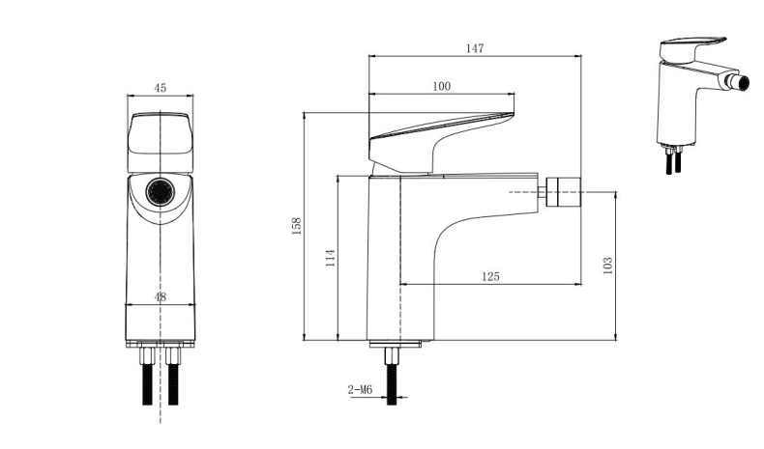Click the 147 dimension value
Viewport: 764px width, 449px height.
(x=475, y=48)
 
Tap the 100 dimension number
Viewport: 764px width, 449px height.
(x=441, y=86)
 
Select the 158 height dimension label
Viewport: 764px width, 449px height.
(x=296, y=226)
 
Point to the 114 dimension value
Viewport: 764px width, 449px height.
(x=330, y=258)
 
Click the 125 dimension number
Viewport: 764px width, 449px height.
(x=490, y=276)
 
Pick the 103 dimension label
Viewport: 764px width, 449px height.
(x=607, y=266)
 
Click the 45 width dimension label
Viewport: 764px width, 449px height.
(x=160, y=88)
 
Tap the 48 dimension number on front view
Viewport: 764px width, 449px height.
(x=160, y=296)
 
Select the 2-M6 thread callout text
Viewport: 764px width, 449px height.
(x=360, y=390)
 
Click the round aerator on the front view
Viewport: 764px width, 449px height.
(x=161, y=192)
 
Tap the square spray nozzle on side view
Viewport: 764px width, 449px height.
(x=563, y=192)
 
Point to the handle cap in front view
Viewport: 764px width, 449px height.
(x=161, y=143)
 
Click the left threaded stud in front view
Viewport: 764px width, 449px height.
(x=148, y=376)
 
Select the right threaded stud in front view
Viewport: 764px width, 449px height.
(x=173, y=376)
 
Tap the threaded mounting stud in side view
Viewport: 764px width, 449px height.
(x=392, y=376)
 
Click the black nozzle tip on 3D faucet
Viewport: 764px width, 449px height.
(x=743, y=84)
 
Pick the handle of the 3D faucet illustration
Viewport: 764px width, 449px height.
(x=691, y=49)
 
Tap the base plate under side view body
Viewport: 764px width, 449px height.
(x=395, y=345)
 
